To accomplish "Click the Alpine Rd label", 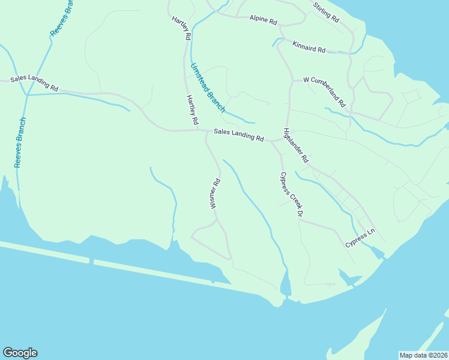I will (x=263, y=20).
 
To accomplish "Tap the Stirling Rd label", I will (x=326, y=12).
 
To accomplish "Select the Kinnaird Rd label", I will (x=309, y=47).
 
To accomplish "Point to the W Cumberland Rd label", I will (x=325, y=90).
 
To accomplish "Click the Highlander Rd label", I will (x=295, y=146).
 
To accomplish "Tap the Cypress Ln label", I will (x=360, y=238).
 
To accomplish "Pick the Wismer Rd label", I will (x=215, y=193).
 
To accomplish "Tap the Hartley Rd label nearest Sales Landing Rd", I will (x=192, y=110).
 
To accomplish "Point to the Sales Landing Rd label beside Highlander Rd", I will (x=239, y=134).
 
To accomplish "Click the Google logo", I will (x=20, y=353).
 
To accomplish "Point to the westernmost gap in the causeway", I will (x=91, y=261).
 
